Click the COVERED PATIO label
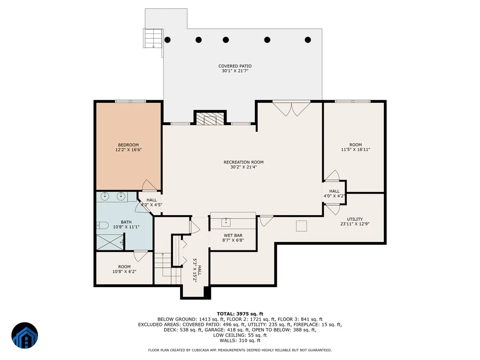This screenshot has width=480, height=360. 235,66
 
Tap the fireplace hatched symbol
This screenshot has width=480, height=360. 210,119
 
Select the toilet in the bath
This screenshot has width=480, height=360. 102,225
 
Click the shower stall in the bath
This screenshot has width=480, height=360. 110,242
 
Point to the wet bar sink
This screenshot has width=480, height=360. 226,222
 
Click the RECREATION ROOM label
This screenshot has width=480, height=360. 243,162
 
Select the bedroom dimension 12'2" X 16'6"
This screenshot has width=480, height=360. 128,150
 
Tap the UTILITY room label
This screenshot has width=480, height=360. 355,219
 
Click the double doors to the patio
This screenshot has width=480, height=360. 291,109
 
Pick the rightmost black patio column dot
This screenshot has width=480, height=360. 308,40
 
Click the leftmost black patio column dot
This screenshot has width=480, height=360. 168,40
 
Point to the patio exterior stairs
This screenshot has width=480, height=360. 153,38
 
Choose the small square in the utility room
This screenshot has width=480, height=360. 301,226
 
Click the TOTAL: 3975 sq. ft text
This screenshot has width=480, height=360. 240,314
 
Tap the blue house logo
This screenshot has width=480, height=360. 25,335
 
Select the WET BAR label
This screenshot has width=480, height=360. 233,236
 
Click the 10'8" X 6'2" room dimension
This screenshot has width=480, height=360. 124,272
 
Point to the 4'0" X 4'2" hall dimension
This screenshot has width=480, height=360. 334,196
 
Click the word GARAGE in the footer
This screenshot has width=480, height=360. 213,330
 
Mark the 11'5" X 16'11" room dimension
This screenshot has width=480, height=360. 356,150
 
